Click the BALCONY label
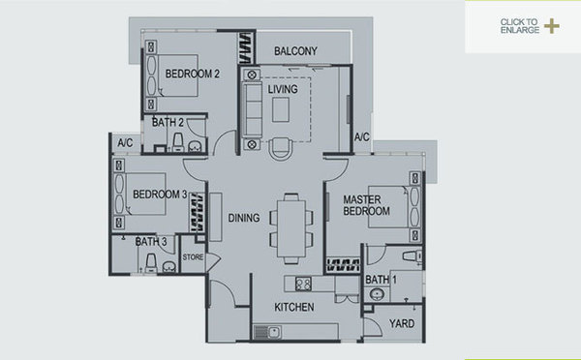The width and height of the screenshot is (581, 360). [x=295, y=51]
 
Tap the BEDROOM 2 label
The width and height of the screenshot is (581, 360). [x=193, y=74]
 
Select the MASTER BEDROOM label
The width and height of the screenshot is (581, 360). [x=366, y=205]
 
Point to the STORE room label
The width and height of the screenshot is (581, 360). [x=193, y=257]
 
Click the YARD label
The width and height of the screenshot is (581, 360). [x=402, y=323]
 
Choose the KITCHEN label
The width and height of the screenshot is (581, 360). [x=294, y=307]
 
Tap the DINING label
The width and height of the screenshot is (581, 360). [x=244, y=218]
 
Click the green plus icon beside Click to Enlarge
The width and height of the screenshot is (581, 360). [x=552, y=26]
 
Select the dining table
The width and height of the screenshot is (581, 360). [x=291, y=228]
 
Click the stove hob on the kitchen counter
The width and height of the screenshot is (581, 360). [x=303, y=285]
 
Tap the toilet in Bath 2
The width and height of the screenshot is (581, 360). [x=178, y=142]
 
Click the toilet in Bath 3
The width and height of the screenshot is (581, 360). [x=151, y=263]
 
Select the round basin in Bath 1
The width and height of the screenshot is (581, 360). [x=378, y=295]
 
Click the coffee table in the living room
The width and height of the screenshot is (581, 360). [x=281, y=109]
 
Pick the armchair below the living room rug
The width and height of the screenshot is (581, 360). [x=281, y=148]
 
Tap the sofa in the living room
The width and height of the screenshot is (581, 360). [x=252, y=110]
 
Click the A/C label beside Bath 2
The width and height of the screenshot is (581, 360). [x=125, y=142]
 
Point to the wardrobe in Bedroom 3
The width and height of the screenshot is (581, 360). [x=198, y=213]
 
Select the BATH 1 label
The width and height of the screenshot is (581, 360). [x=381, y=280]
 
